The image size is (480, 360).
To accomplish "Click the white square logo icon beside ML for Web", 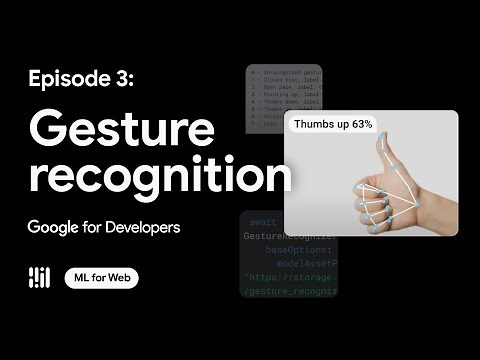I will pos(40,278).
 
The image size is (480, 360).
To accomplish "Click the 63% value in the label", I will pos(359,125).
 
